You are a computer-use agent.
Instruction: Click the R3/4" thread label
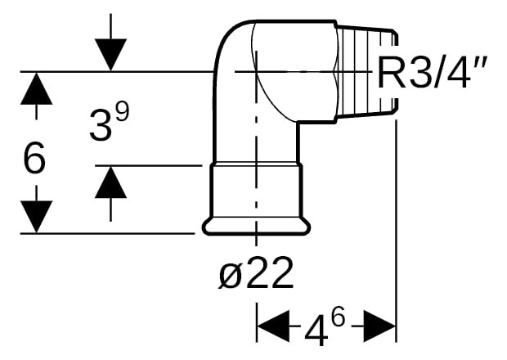(x=432, y=73)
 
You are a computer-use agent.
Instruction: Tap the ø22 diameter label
(x=256, y=273)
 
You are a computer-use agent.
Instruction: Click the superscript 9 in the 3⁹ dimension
(x=122, y=112)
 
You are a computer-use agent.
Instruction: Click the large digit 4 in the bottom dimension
(x=316, y=327)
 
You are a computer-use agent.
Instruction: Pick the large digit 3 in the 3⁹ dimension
(x=101, y=125)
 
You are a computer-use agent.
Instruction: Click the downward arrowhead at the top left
(x=110, y=55)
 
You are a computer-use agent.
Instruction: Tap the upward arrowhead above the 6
(x=36, y=88)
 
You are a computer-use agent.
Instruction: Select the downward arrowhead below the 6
(x=36, y=216)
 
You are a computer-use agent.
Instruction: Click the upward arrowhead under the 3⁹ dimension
(x=110, y=182)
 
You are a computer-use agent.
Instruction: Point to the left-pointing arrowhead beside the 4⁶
(x=273, y=326)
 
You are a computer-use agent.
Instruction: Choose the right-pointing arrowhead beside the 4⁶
(x=380, y=326)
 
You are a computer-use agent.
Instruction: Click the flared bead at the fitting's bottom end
(x=257, y=226)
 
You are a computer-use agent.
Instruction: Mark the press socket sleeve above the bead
(x=257, y=191)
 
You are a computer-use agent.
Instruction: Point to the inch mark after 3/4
(x=480, y=65)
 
